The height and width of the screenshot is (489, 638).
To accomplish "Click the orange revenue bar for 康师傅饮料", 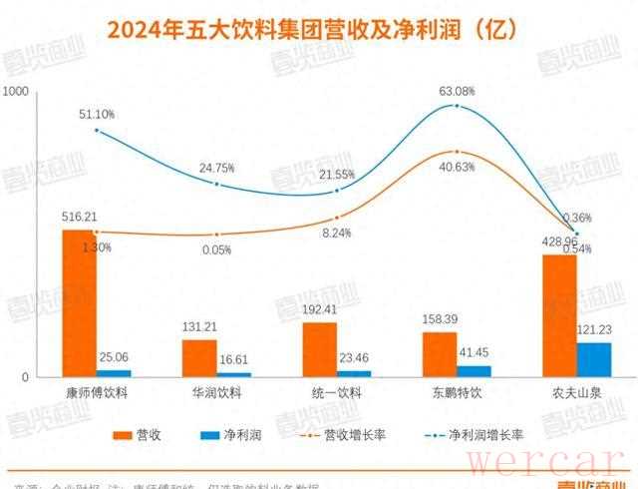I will (79, 303).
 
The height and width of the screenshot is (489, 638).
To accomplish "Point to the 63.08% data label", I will (458, 92).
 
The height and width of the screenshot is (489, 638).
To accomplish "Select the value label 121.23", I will (594, 328).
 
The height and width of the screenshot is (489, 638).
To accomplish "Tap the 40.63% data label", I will (458, 168).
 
